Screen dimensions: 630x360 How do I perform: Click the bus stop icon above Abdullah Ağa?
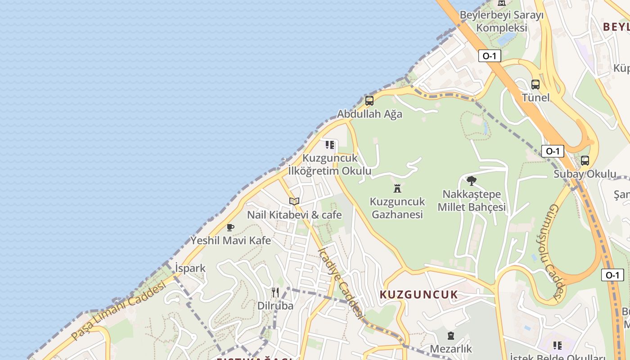click(369, 101)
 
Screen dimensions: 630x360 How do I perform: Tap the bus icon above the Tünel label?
click(535, 84)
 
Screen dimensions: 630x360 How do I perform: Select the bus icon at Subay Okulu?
click(585, 160)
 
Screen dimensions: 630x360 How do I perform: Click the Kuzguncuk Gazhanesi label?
click(397, 207)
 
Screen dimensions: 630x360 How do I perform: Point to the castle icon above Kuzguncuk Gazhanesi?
click(397, 188)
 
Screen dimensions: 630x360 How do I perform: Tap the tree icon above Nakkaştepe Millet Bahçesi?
click(472, 181)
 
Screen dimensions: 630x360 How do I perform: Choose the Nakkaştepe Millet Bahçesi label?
click(472, 201)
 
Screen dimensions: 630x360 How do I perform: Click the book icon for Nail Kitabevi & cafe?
click(294, 201)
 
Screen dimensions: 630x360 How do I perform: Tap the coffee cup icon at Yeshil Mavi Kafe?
click(230, 227)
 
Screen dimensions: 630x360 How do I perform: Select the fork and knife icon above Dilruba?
click(275, 292)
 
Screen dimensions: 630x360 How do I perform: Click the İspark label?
click(190, 268)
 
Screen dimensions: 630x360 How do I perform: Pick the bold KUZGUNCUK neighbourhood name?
click(419, 295)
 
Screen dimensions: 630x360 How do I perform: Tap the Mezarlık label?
click(451, 349)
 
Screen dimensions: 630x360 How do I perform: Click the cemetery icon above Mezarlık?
click(451, 336)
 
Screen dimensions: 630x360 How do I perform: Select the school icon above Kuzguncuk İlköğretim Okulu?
click(330, 145)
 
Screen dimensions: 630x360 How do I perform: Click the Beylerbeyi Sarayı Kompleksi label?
click(501, 21)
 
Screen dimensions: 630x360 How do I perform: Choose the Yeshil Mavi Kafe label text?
click(231, 240)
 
